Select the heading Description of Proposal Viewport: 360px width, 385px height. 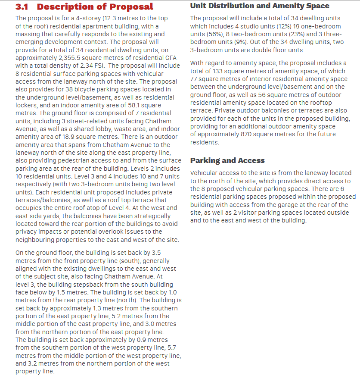tap(95, 7)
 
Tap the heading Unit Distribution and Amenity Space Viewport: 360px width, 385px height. tap(259, 6)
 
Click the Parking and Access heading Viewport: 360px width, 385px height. tap(227, 160)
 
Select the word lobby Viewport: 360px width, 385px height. tap(115, 128)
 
